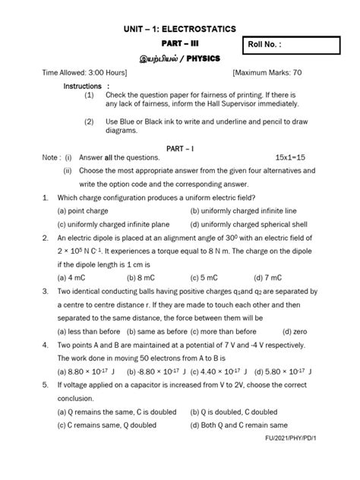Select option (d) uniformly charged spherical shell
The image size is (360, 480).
point(250,224)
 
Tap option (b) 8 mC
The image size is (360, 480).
point(142,277)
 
